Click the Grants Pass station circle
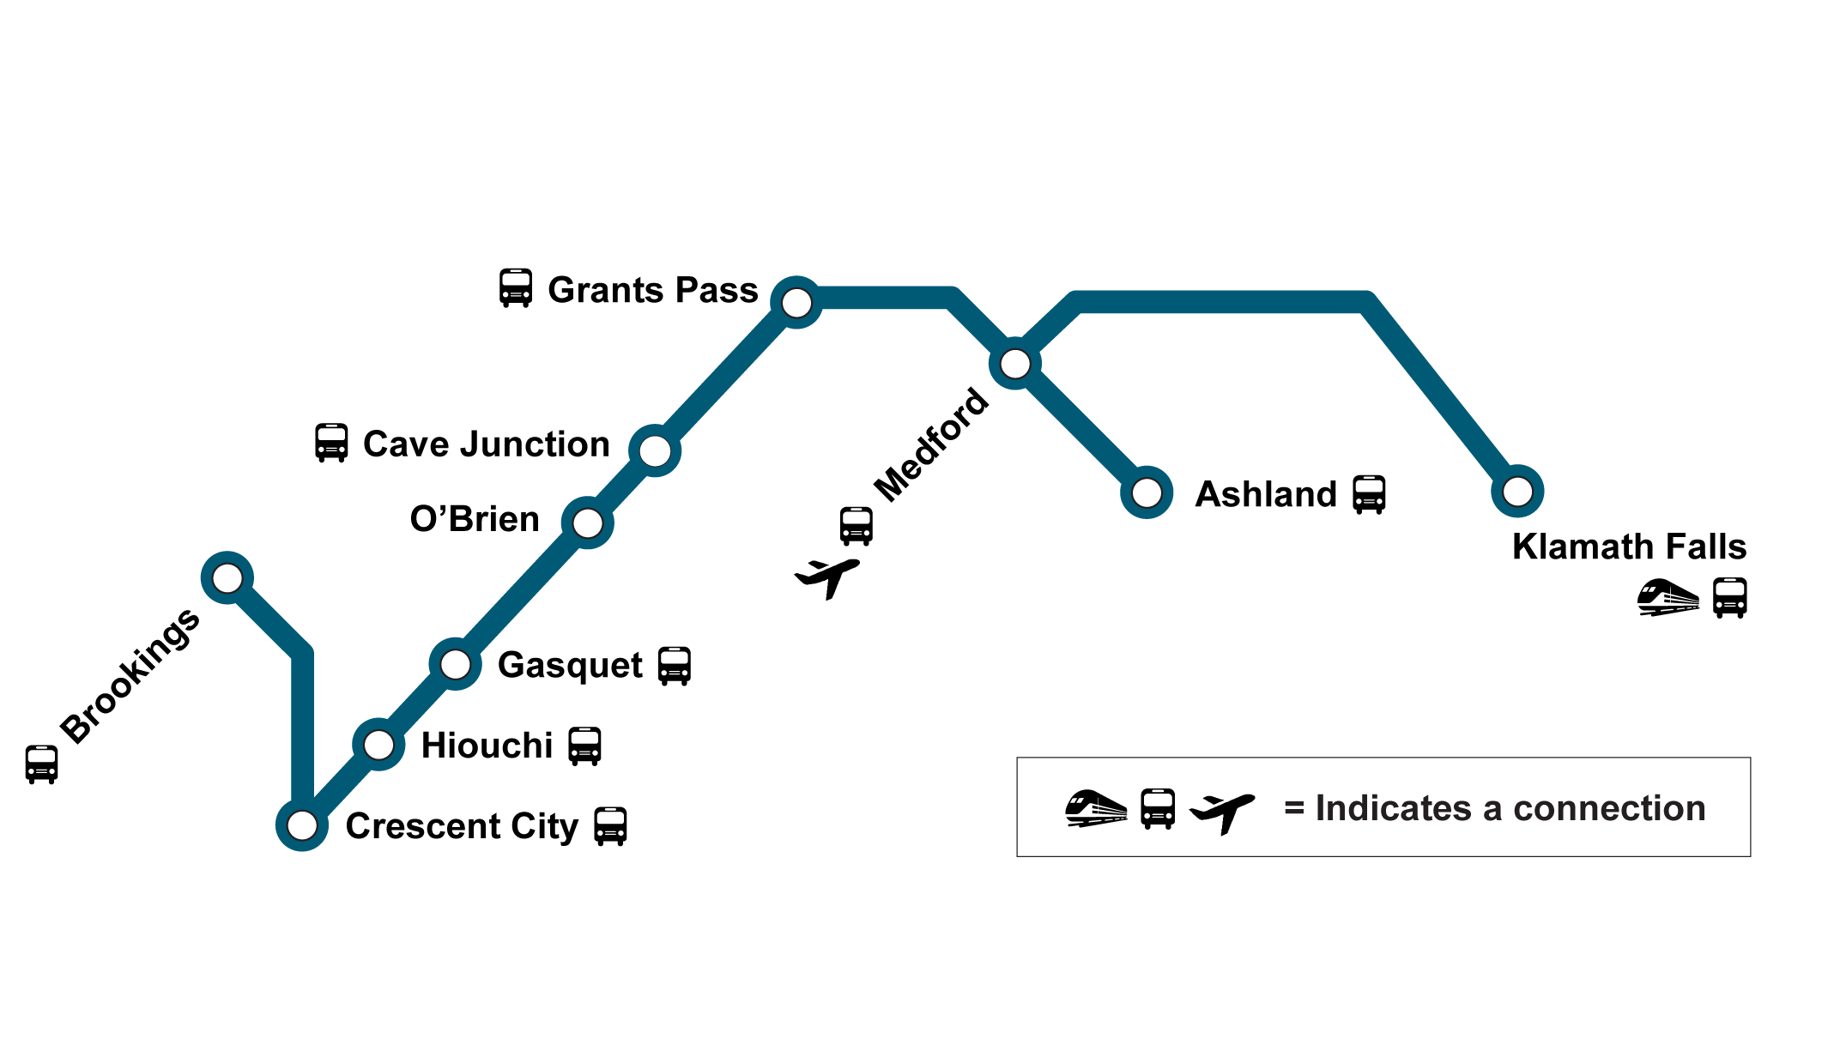point(796,302)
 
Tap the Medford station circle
point(1015,364)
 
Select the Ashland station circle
point(1147,493)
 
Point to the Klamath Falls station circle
point(1517,492)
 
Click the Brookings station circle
point(227,577)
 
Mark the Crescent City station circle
point(302,824)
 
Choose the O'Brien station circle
point(588,522)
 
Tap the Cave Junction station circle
point(655,450)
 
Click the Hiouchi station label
point(487,746)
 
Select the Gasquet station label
point(570,666)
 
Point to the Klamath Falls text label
point(1629,547)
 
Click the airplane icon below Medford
point(827,577)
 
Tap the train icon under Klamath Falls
point(1668,597)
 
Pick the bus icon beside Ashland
point(1369,494)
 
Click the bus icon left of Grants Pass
point(516,288)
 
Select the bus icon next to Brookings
point(41,764)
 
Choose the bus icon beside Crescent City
point(610,826)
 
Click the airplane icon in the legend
point(1222,811)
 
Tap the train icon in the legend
point(1096,808)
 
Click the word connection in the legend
point(1609,808)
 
